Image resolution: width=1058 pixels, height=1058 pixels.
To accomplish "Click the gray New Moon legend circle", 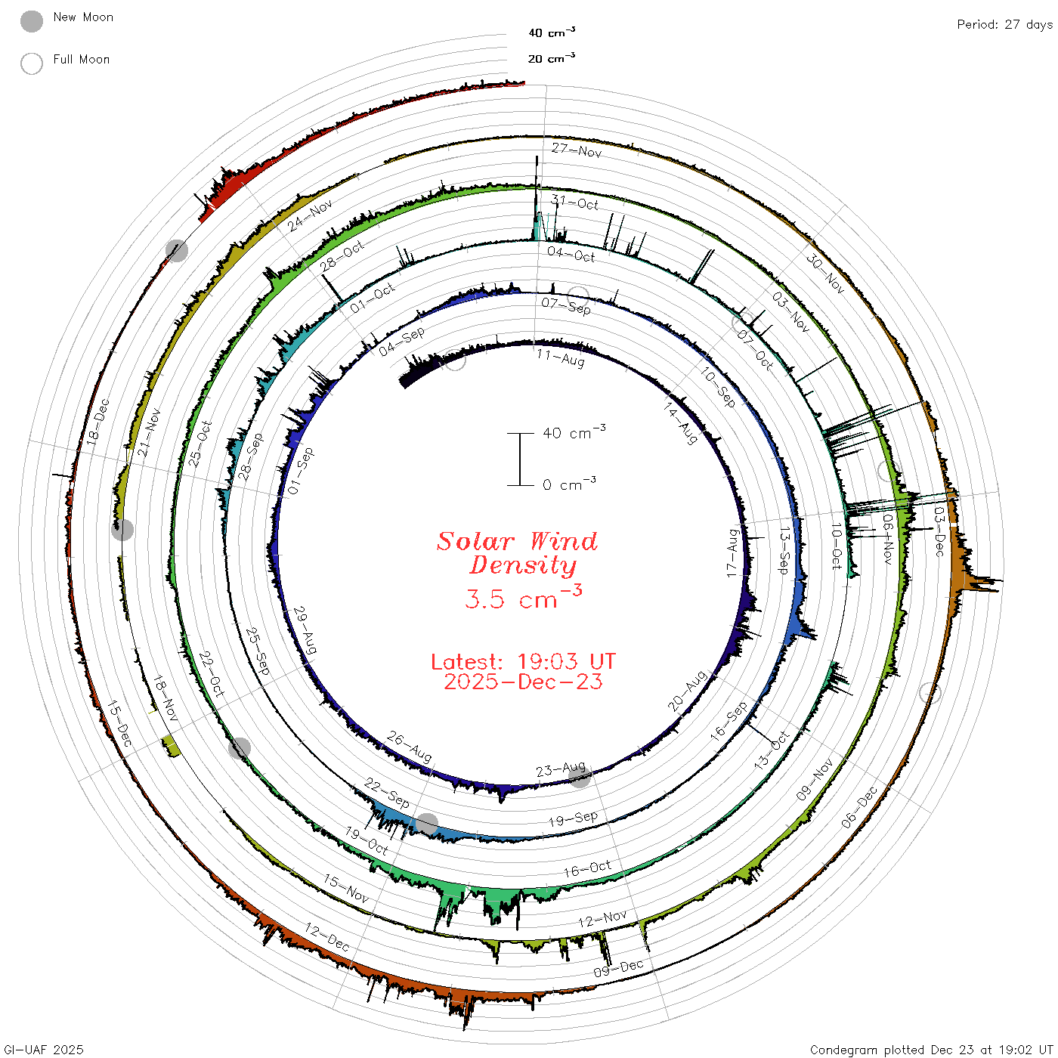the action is tap(32, 21).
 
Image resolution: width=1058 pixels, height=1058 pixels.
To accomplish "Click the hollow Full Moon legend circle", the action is tap(32, 63).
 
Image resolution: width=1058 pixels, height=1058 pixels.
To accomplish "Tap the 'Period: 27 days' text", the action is tap(1004, 25).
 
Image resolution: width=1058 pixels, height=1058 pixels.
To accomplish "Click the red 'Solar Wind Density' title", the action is tap(517, 553).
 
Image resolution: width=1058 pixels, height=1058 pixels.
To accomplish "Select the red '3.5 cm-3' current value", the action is tap(523, 597).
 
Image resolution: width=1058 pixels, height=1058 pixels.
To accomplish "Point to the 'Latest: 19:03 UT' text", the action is tap(523, 661).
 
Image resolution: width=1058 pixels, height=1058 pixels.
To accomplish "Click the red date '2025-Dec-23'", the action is tap(523, 682).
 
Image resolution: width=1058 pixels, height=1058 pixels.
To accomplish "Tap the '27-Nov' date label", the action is tap(577, 150).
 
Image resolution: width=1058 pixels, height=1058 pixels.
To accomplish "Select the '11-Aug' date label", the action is tap(561, 358).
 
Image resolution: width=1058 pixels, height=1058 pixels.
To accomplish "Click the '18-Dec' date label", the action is tap(97, 422).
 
